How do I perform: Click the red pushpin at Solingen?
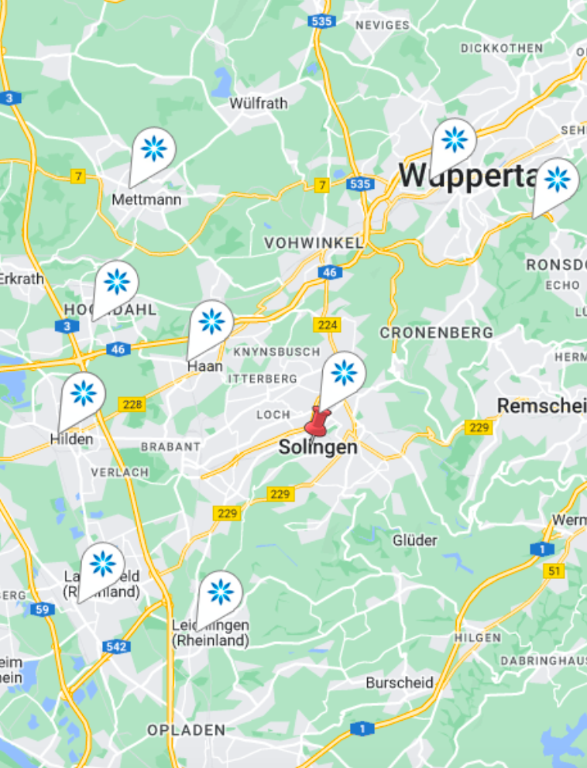coord(316,421)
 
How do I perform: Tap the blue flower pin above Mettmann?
coord(153,149)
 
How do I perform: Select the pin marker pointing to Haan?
coord(211,321)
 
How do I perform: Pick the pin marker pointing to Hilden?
coord(83,393)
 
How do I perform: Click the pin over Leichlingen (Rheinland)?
coord(221,592)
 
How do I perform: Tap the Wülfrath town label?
coord(259,103)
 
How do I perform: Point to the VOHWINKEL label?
coord(314,243)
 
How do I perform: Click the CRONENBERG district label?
coord(436,333)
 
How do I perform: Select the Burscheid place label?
coord(400,683)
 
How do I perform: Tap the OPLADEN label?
coord(187,730)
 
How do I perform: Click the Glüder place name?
coord(415,540)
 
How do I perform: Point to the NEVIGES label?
coord(383,25)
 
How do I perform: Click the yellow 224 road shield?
coord(328,325)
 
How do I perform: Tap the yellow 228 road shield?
coord(132,404)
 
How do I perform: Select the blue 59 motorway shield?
coord(43,610)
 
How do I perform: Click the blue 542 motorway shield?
coord(115,646)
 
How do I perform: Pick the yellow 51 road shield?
coord(554,571)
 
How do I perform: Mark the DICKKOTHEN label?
coord(502,48)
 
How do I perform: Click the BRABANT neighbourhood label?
coord(170,447)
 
